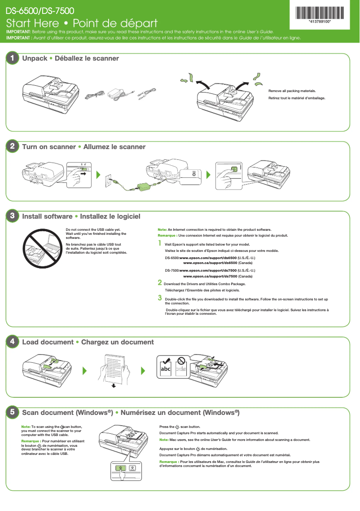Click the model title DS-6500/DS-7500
pyautogui.click(x=40, y=10)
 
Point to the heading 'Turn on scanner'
pyautogui.click(x=49, y=147)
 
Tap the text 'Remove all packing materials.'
pyautogui.click(x=292, y=91)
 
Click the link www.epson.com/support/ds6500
pyautogui.click(x=208, y=258)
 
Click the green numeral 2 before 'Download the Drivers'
pyautogui.click(x=160, y=283)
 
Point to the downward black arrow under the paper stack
pyautogui.click(x=114, y=385)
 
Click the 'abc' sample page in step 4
pyautogui.click(x=166, y=368)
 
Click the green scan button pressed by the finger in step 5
pyautogui.click(x=120, y=468)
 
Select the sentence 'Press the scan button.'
pyautogui.click(x=180, y=427)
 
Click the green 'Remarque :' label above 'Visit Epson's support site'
pyautogui.click(x=167, y=236)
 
